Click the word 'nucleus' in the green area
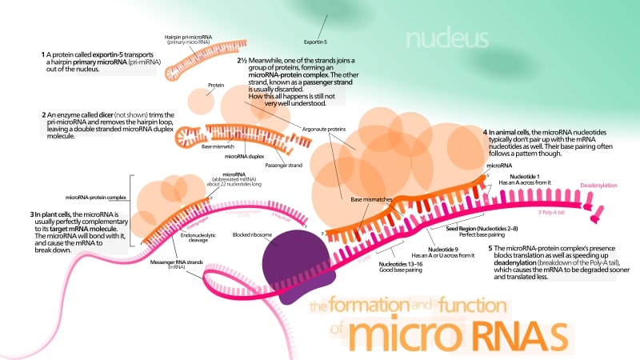coord(446,38)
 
